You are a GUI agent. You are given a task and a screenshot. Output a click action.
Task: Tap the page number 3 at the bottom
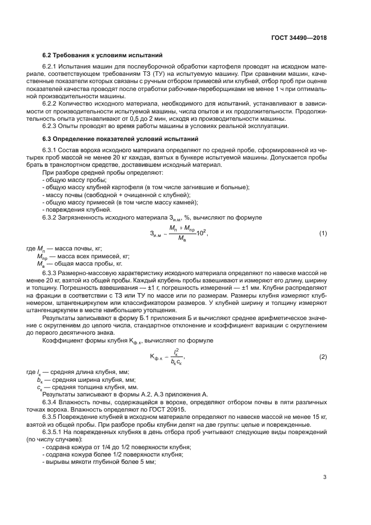pyautogui.click(x=324, y=477)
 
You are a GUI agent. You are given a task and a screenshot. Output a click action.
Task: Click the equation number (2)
pyautogui.click(x=323, y=357)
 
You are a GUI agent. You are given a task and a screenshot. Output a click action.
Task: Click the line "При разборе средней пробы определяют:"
pyautogui.click(x=93, y=173)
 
